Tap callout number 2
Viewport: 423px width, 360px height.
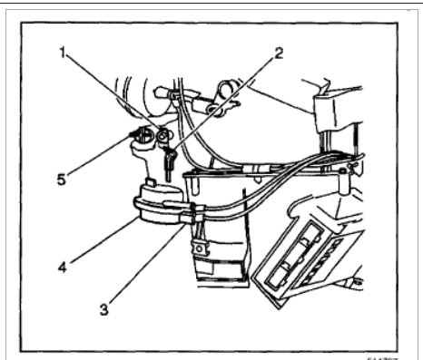[278, 52]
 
